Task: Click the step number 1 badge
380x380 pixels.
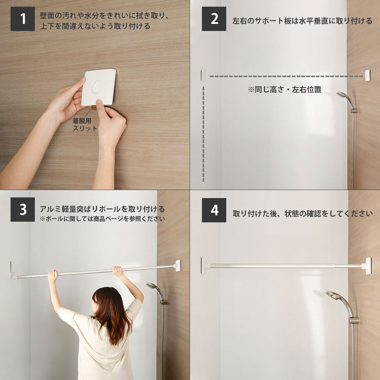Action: (x=23, y=19)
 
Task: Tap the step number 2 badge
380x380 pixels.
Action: (x=214, y=19)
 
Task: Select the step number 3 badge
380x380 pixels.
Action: (x=23, y=209)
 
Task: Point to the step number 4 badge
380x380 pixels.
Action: (x=214, y=210)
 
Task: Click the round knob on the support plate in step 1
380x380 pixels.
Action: (x=97, y=87)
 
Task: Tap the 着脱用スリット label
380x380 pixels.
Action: (x=85, y=124)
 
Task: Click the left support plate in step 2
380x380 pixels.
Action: (x=203, y=75)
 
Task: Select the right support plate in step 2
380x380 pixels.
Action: (x=367, y=75)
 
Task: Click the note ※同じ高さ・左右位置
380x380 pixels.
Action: (x=285, y=90)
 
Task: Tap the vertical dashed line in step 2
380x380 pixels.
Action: (x=203, y=134)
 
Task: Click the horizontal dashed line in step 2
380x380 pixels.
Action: (x=286, y=76)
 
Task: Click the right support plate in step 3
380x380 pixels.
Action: (x=178, y=266)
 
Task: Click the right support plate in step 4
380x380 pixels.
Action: (x=368, y=266)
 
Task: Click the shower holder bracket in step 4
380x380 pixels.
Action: (x=354, y=321)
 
